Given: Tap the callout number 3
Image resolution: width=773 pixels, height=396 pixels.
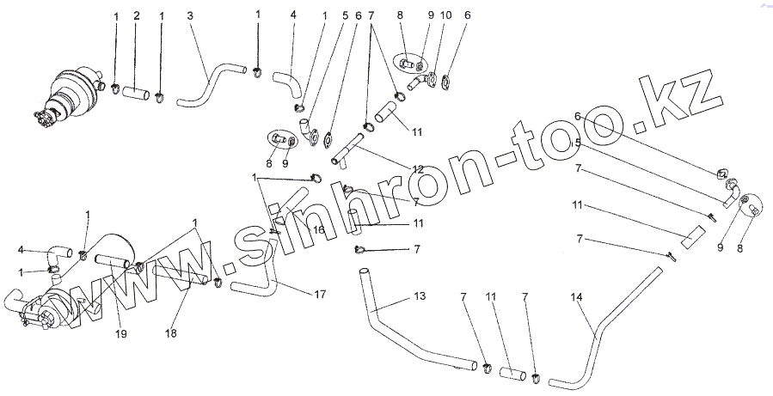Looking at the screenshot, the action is click(190, 16).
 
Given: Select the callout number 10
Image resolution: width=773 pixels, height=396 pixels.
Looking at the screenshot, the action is click(445, 15).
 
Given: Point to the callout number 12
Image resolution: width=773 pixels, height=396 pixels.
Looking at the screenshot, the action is click(418, 170).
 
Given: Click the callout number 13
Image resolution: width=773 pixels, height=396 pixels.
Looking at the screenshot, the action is click(419, 296).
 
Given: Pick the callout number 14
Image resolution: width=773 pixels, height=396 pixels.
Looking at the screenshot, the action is click(576, 296).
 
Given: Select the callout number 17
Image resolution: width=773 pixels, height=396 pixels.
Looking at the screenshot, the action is click(319, 295).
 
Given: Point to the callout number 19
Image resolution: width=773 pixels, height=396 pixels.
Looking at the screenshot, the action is click(120, 333).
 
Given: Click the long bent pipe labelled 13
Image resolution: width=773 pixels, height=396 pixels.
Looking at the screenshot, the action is click(404, 326).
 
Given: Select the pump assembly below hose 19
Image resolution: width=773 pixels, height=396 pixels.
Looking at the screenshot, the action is click(47, 308).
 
